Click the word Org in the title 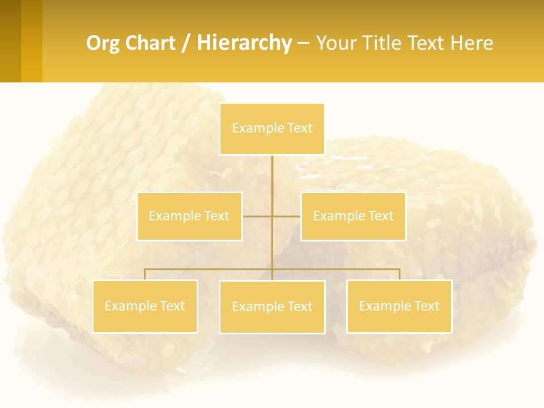pos(103,43)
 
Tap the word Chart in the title pos(148,43)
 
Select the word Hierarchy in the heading pos(244,43)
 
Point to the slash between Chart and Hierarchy pos(186,43)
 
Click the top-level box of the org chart pos(272,129)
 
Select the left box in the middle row pos(189,216)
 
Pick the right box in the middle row pos(353,216)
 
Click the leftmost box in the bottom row pos(144,306)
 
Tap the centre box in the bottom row pos(272,307)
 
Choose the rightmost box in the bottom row pos(399,306)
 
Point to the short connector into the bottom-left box pos(144,274)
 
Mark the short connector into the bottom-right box pos(399,274)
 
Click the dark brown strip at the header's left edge pos(10,41)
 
